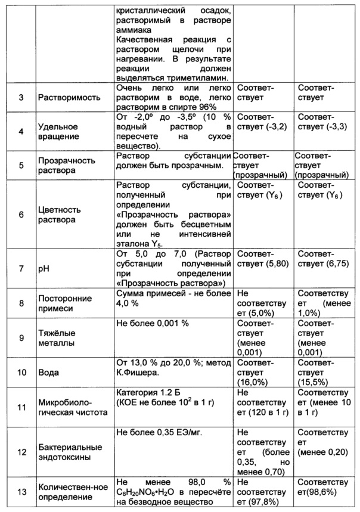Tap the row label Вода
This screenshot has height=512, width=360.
48,373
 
